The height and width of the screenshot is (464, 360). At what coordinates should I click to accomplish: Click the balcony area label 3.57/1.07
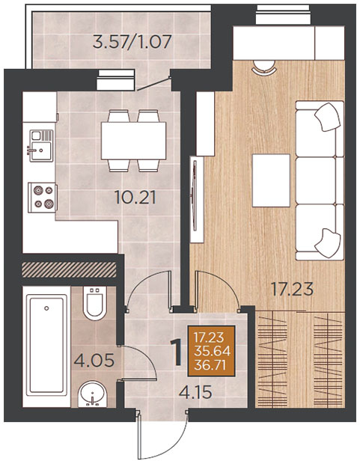pyautogui.click(x=132, y=42)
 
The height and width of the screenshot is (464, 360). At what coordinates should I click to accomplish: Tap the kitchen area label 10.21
pyautogui.click(x=135, y=198)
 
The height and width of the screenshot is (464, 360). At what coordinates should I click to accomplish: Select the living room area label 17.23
pyautogui.click(x=293, y=289)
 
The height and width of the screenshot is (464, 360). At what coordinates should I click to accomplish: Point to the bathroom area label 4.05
pyautogui.click(x=94, y=360)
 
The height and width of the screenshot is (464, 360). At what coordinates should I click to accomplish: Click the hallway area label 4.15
pyautogui.click(x=195, y=392)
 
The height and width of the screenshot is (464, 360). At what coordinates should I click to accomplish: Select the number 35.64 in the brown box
pyautogui.click(x=212, y=352)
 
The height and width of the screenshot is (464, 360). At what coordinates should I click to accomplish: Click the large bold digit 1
pyautogui.click(x=177, y=352)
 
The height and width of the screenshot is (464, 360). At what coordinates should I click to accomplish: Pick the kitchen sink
pyautogui.click(x=41, y=146)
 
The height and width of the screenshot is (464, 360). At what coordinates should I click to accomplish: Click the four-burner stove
pyautogui.click(x=42, y=198)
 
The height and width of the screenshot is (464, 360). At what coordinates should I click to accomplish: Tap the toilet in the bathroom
pyautogui.click(x=95, y=303)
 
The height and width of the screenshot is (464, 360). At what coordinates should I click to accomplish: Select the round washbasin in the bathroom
pyautogui.click(x=92, y=394)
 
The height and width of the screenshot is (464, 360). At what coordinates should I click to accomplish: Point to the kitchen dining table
pyautogui.click(x=133, y=141)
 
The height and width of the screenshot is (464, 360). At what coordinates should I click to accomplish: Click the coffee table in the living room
pyautogui.click(x=271, y=180)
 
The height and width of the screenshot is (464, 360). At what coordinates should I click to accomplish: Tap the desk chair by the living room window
pyautogui.click(x=264, y=67)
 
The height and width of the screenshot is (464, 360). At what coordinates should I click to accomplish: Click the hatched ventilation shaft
pyautogui.click(x=69, y=270)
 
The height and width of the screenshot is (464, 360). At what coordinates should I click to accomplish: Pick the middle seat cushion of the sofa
pyautogui.click(x=316, y=181)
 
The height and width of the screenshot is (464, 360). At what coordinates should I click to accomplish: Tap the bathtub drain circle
pyautogui.click(x=46, y=308)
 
